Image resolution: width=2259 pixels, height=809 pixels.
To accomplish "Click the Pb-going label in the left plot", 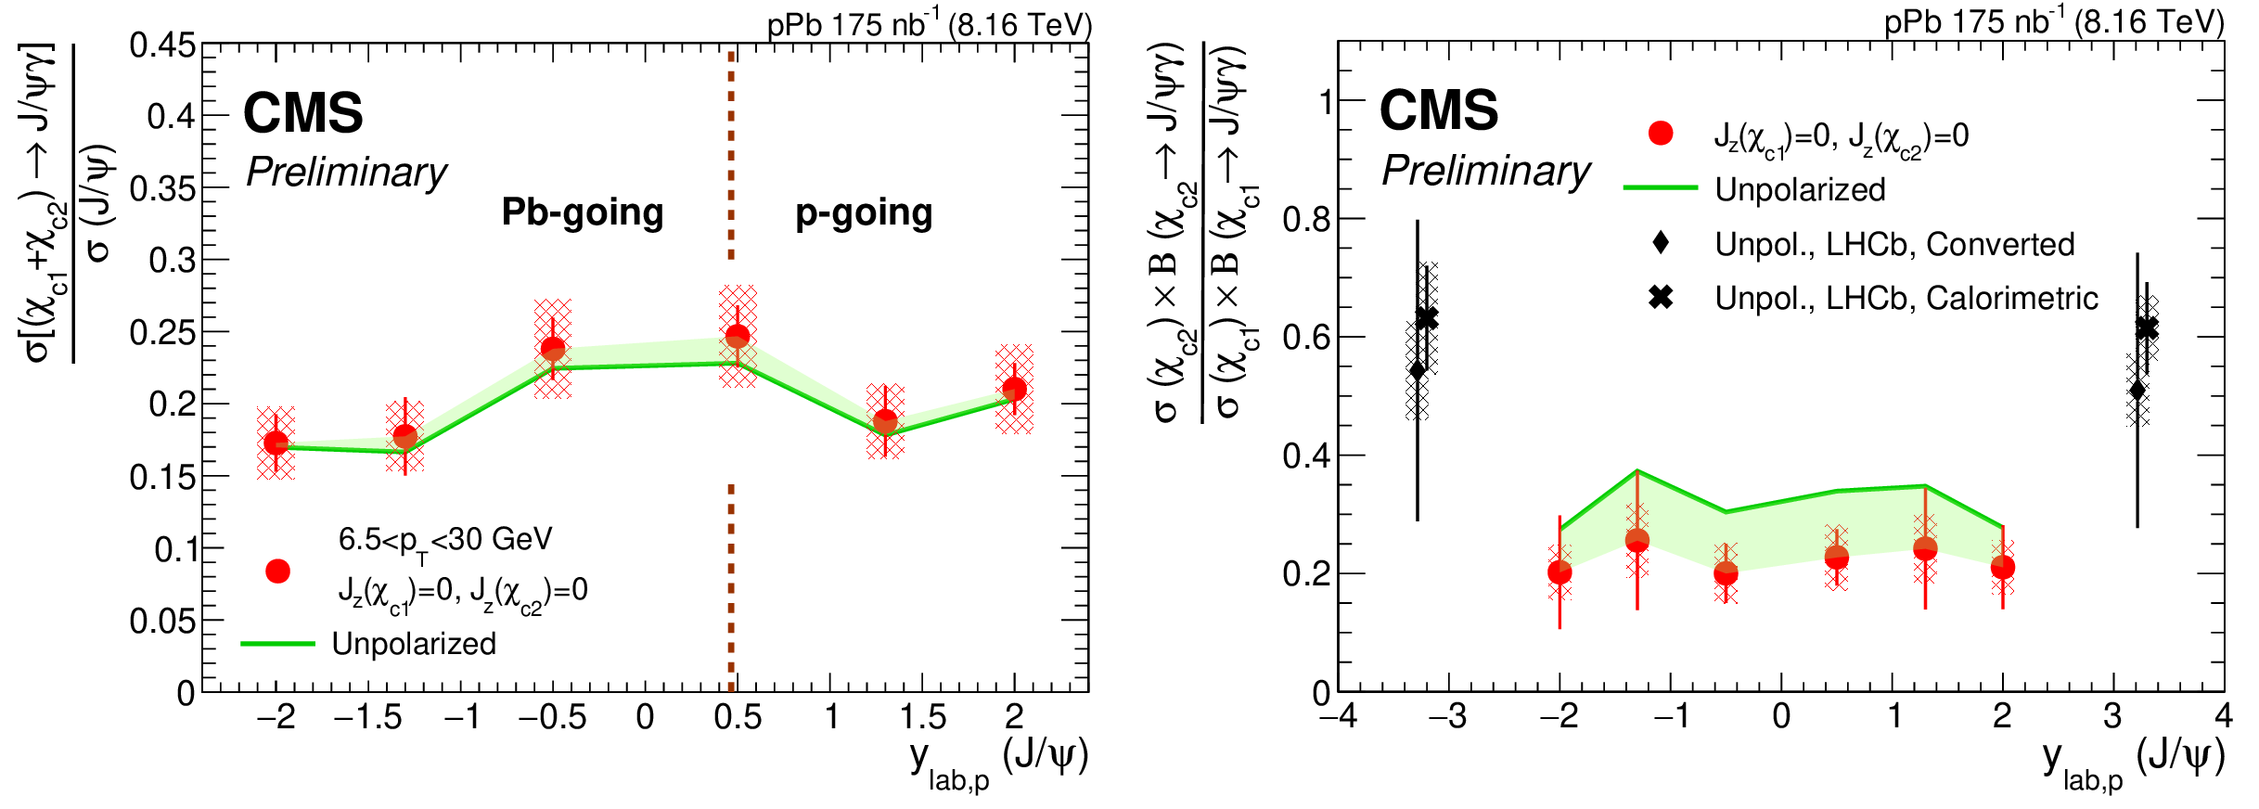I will click(x=583, y=212).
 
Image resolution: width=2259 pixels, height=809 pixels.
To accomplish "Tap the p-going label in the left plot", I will click(x=864, y=213).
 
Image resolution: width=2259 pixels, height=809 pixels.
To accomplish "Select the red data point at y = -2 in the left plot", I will click(x=276, y=443).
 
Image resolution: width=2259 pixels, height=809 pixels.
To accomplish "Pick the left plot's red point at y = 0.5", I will click(x=738, y=336).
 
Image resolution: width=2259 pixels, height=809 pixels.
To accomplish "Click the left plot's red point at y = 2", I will click(x=1015, y=389).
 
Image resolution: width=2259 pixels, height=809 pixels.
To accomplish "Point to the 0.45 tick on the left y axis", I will click(x=162, y=45).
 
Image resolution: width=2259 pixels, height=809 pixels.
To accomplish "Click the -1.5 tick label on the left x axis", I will click(x=368, y=717).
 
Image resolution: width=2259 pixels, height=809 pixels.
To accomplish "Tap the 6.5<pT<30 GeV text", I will click(x=444, y=540).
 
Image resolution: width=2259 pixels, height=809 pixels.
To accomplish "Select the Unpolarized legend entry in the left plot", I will click(x=413, y=644).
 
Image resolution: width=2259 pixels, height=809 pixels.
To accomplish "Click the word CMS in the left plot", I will click(x=302, y=113).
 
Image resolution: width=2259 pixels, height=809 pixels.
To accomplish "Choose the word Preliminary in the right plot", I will click(x=1485, y=172).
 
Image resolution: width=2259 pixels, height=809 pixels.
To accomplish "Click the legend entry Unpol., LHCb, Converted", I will click(x=1894, y=244).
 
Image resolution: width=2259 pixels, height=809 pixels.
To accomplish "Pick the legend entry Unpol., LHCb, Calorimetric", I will click(x=1906, y=298).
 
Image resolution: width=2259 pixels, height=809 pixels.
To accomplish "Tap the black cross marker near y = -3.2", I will click(x=1427, y=318).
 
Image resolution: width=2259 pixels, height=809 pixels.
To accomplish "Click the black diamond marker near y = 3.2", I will click(x=2137, y=390).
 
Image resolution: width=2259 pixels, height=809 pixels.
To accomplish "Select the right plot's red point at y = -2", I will click(x=1559, y=572).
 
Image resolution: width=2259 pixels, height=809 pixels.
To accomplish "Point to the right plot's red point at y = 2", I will click(x=2003, y=567).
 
